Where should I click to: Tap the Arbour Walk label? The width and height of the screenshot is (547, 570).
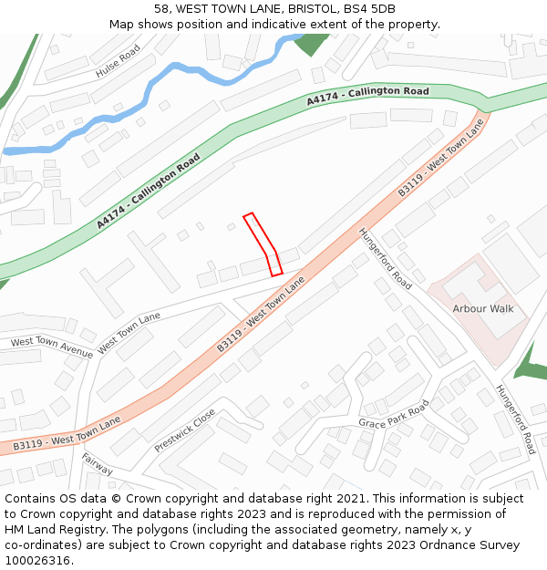point(483,308)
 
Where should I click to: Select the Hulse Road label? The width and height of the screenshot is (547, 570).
point(119,60)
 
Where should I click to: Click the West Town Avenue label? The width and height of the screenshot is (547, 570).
point(51,347)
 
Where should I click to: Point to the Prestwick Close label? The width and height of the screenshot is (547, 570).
point(185,430)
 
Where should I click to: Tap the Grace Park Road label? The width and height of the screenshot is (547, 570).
point(393,417)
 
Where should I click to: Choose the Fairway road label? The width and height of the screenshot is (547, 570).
point(97,464)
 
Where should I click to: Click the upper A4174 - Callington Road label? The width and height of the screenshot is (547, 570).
point(367,96)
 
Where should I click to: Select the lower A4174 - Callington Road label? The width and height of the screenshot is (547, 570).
point(149,192)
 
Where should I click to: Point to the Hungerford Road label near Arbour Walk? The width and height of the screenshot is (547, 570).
point(386,258)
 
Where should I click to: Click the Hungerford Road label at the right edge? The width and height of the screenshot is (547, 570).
point(516,419)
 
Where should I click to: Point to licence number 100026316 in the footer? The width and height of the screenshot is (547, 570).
point(39,560)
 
